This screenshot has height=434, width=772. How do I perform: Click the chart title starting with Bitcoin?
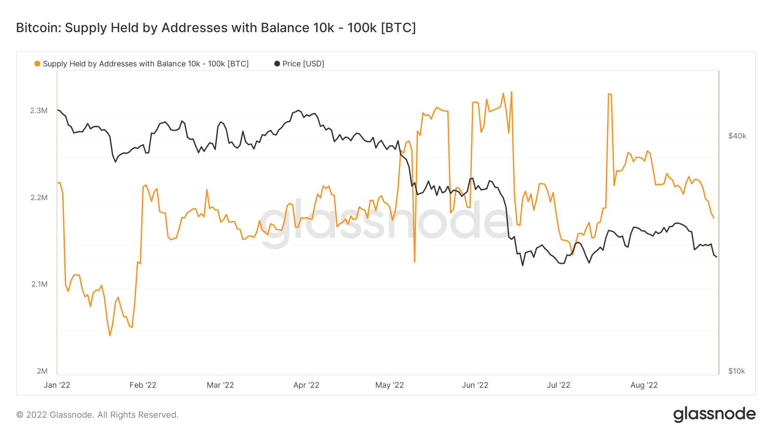216,28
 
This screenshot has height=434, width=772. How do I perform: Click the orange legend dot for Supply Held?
37,64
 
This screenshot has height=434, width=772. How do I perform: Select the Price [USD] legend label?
303,64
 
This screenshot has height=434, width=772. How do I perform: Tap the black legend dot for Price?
277,64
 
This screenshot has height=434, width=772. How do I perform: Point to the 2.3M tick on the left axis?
39,111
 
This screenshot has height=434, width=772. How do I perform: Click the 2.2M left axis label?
39,198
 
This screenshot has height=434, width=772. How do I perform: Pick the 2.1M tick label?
39,284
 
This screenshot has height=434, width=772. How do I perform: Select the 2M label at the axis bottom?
42,371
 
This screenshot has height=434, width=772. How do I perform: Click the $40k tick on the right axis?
737,136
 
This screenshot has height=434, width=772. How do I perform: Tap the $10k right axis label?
736,371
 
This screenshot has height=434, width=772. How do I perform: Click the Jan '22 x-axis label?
57,385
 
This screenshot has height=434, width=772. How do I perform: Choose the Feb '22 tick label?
143,385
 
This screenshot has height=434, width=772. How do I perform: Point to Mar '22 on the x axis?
220,385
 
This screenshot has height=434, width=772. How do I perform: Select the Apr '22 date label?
306,385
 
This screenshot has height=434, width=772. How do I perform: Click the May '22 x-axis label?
389,385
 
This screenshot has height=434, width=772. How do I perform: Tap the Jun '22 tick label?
475,385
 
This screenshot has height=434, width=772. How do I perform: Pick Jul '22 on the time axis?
558,385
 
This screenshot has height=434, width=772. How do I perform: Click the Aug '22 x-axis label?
644,385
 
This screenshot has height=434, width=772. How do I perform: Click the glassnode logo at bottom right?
714,414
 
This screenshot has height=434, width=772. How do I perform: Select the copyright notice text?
97,415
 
